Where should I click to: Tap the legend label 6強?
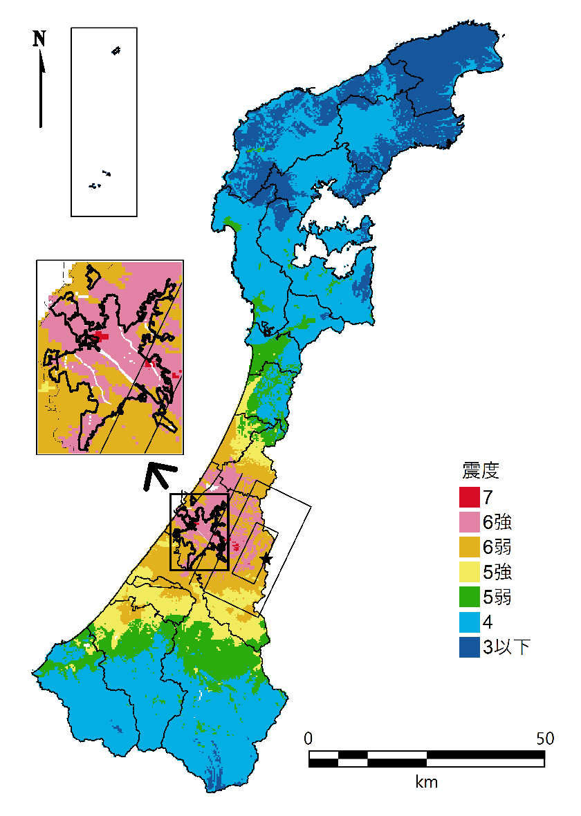pos(497,521)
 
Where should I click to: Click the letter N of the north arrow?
pos(39,39)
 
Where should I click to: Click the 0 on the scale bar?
pos(309,738)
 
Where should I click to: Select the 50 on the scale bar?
pos(544,738)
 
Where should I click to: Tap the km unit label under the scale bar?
pos(426,782)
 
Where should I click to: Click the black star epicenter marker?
pos(266,559)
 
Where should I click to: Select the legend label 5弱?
pos(497,597)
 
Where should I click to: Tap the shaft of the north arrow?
pos(41,97)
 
